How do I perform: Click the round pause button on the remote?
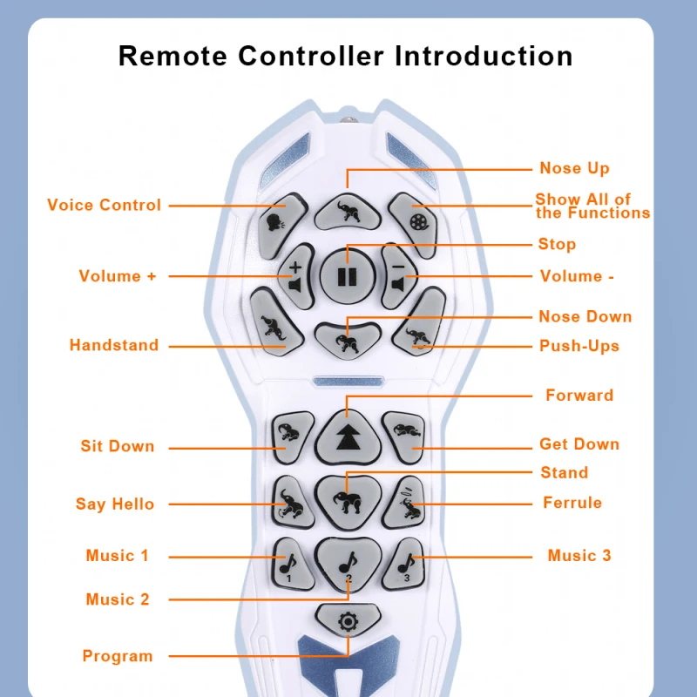click(x=348, y=276)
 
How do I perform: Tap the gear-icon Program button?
click(x=348, y=621)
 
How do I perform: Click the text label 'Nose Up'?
click(x=574, y=168)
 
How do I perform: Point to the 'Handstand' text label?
click(x=114, y=345)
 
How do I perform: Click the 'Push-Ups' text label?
click(x=579, y=346)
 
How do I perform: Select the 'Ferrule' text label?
click(x=572, y=503)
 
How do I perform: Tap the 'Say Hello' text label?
click(x=115, y=504)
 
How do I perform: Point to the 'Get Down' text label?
click(x=579, y=444)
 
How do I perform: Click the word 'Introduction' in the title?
click(x=484, y=57)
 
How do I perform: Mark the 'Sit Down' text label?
click(x=118, y=446)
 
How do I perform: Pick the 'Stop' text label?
click(x=557, y=244)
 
